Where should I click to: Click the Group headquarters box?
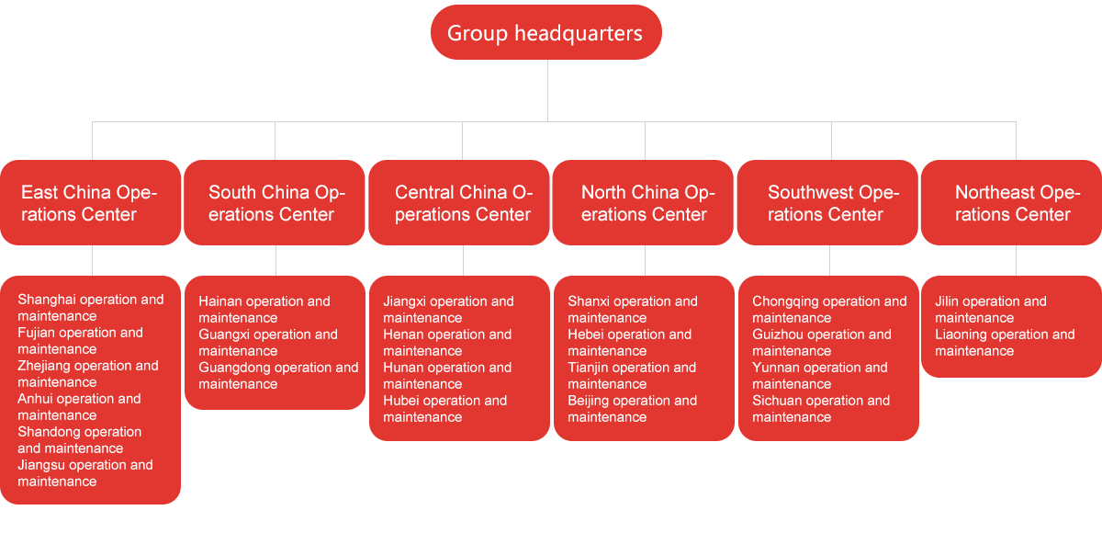tap(545, 33)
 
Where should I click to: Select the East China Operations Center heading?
tap(89, 203)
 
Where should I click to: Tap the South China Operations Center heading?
tap(276, 203)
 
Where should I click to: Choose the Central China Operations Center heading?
tap(463, 203)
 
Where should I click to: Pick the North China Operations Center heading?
tap(647, 203)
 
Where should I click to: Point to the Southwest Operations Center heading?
tap(833, 203)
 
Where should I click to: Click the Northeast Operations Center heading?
tap(1017, 203)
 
